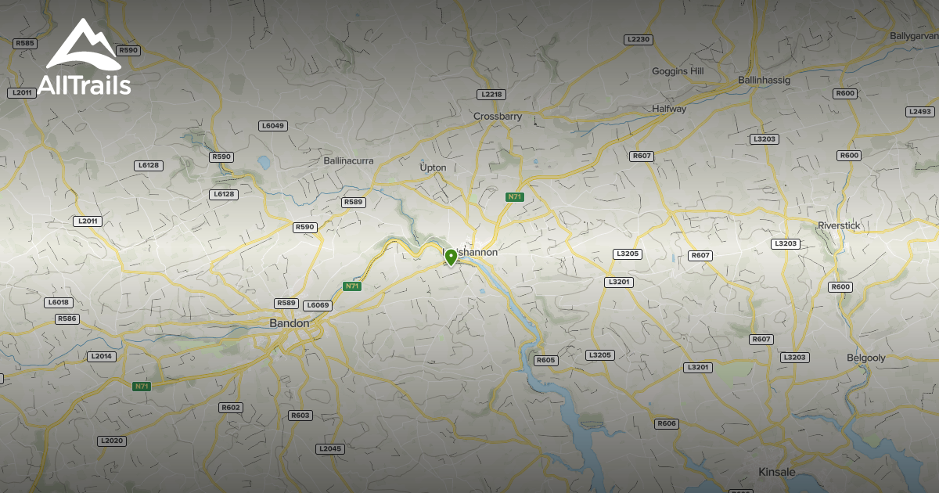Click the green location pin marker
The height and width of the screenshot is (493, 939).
point(451,256)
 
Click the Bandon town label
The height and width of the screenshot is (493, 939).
point(290,322)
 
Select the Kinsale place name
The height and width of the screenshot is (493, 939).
point(777,472)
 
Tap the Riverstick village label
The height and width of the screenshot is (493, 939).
point(839,225)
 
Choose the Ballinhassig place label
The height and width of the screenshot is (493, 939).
point(765,80)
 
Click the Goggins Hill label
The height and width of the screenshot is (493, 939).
point(678,71)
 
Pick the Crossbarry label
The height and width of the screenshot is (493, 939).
point(498,116)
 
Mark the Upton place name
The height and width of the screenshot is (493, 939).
point(434,167)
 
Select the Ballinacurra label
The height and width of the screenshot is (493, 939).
point(349,160)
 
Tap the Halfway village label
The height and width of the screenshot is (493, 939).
point(669,109)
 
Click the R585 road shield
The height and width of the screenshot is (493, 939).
point(25,43)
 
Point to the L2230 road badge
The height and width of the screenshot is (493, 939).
point(638,39)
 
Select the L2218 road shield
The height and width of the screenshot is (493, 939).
point(491,94)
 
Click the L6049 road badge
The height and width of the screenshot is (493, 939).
point(273,125)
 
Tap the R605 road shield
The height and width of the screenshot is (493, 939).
point(545,360)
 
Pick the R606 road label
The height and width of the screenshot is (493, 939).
point(667,423)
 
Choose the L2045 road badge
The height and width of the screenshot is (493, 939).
point(330,448)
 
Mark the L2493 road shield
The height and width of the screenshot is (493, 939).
point(920,111)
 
